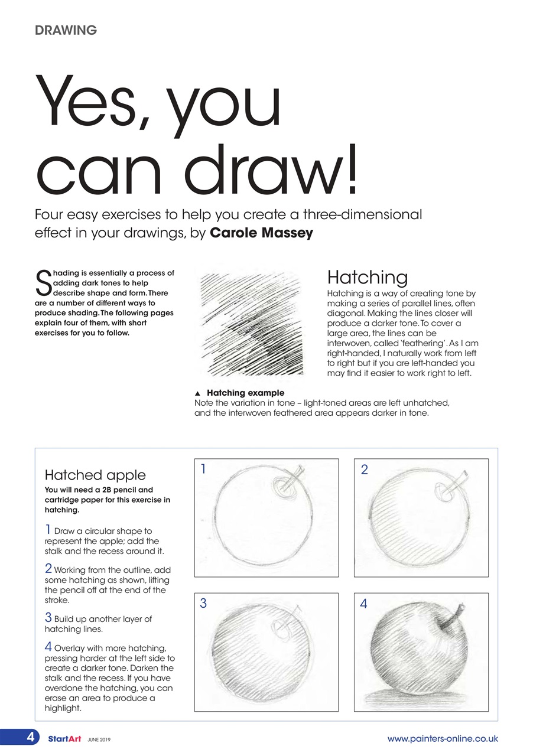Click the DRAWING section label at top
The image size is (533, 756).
click(x=66, y=30)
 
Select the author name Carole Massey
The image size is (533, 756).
click(x=261, y=233)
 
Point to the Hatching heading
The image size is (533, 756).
click(x=367, y=277)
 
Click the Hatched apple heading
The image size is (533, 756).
click(x=95, y=475)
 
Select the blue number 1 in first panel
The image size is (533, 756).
click(x=203, y=470)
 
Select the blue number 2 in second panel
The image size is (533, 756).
click(x=364, y=470)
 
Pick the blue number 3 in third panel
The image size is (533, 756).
click(x=203, y=603)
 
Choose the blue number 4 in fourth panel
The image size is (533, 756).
click(x=363, y=604)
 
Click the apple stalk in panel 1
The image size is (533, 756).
click(x=295, y=478)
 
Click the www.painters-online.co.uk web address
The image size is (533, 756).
click(x=442, y=738)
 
